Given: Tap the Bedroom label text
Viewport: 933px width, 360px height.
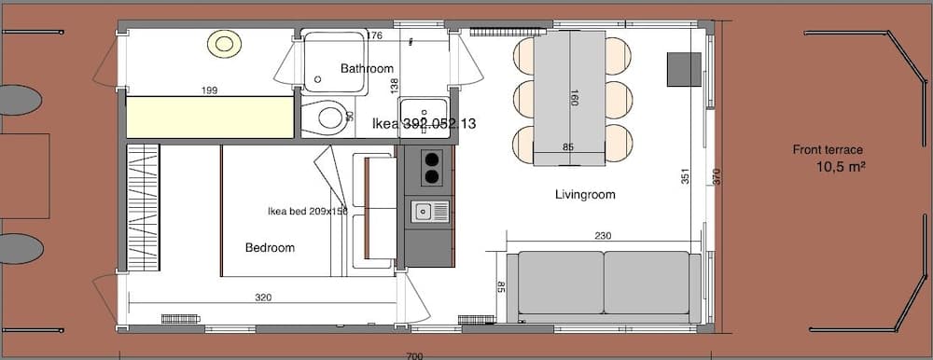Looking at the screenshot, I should [x=270, y=248].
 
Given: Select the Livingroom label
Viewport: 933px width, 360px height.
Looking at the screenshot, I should [x=585, y=195].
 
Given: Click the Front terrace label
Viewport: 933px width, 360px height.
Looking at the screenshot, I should [x=828, y=149].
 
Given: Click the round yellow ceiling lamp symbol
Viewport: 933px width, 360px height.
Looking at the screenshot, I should [x=224, y=42].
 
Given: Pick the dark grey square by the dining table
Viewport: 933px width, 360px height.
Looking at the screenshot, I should [x=683, y=69].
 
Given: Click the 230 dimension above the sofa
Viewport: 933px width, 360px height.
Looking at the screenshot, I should [x=603, y=237].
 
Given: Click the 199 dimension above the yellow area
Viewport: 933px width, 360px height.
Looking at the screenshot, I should [x=210, y=90].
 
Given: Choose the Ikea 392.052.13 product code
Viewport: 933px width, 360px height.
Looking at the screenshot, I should [x=424, y=123].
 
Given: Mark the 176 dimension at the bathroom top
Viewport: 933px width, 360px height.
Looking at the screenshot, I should [x=375, y=36].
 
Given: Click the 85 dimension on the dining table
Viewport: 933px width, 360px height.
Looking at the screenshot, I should [x=567, y=146].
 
